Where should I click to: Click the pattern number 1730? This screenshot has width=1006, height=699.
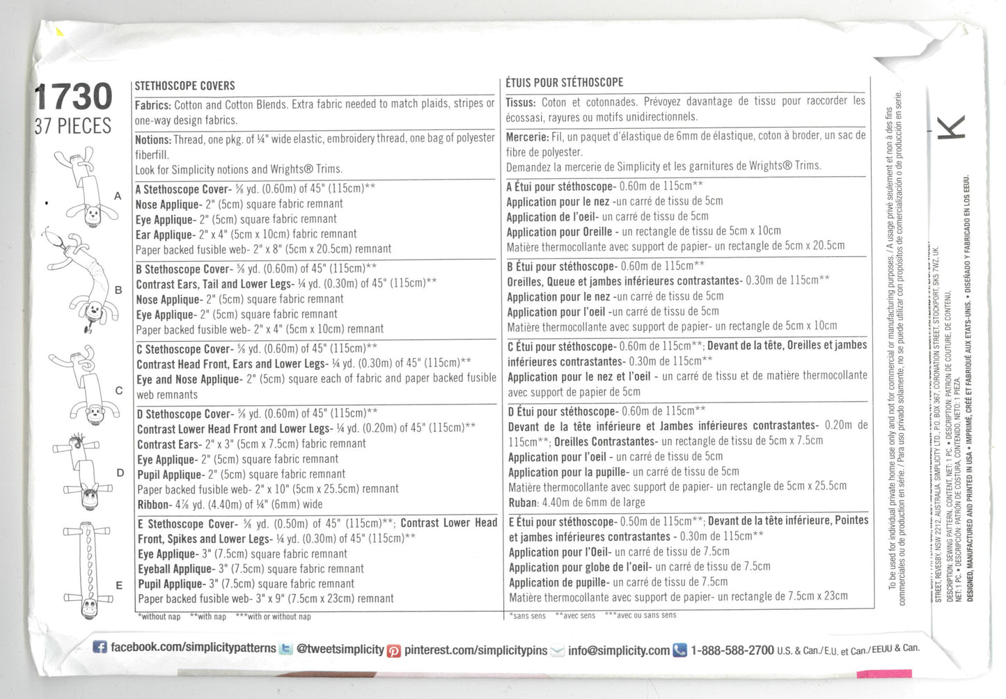click(73, 96)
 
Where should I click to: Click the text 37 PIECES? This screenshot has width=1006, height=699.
click(73, 127)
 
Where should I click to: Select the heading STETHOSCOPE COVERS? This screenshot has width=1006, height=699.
click(184, 86)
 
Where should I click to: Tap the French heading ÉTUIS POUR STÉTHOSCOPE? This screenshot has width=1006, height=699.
click(564, 82)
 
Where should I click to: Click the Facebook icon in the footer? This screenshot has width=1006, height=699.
click(100, 647)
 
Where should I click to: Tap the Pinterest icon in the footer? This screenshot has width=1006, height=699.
click(394, 650)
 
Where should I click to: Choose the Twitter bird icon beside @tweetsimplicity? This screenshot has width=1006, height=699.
click(285, 649)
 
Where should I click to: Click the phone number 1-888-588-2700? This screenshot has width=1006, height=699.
click(732, 650)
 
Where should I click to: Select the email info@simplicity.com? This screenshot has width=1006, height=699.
click(618, 650)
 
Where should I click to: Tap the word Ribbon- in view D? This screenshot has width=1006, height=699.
click(153, 505)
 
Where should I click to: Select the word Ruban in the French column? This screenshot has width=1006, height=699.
click(523, 503)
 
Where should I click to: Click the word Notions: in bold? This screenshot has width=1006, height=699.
click(152, 139)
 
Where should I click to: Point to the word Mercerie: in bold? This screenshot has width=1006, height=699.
click(527, 137)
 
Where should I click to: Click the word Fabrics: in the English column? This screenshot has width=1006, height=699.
click(152, 105)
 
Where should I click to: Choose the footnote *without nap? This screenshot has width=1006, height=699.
click(159, 617)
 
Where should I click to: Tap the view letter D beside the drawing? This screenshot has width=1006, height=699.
click(120, 473)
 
